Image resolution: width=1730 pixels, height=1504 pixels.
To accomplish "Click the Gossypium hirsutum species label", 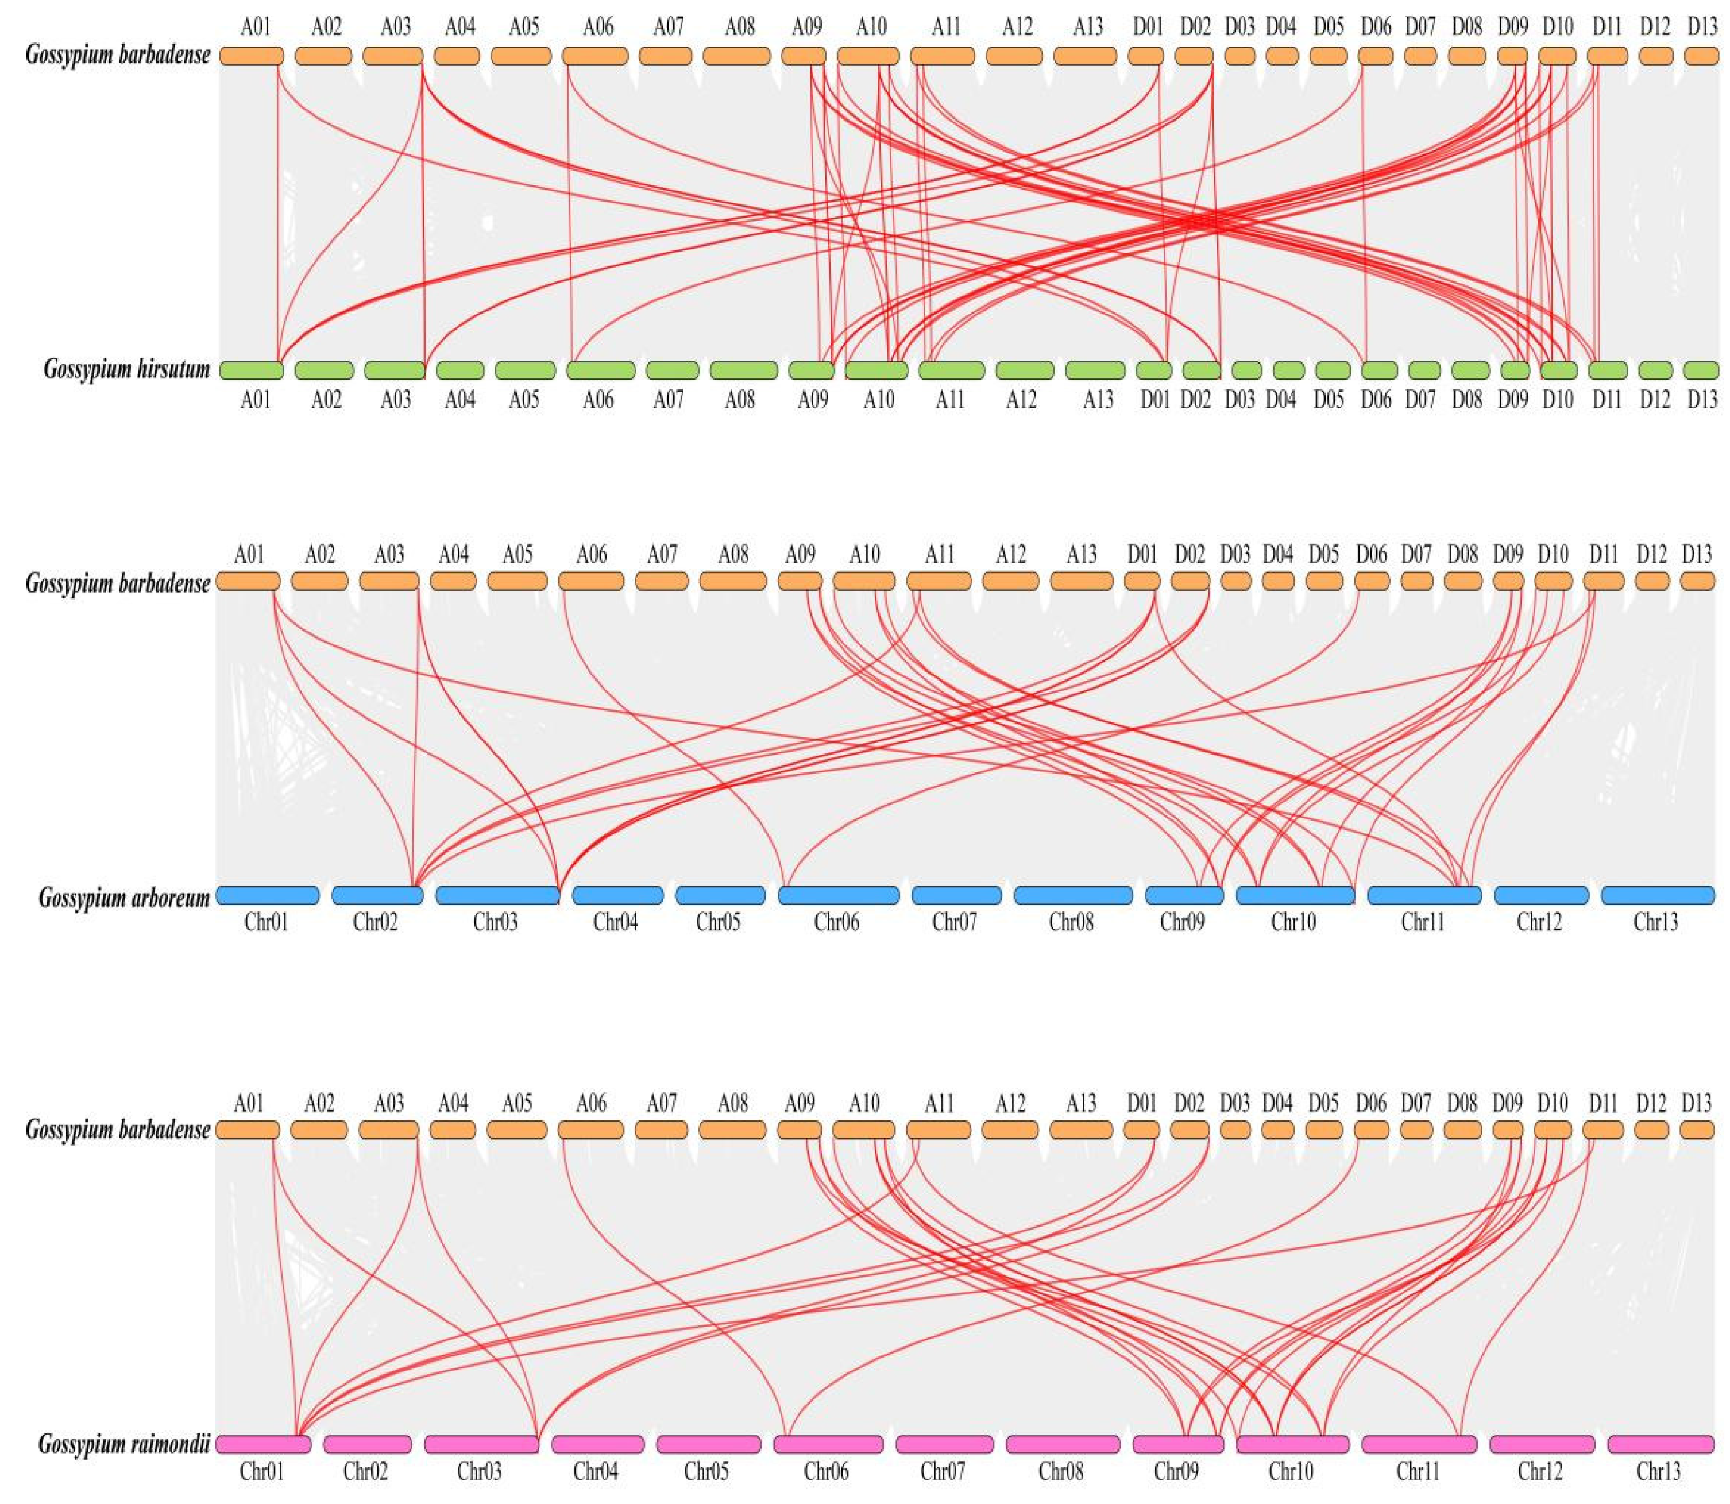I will tap(126, 369).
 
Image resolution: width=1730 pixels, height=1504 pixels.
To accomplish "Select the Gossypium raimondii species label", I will tap(123, 1444).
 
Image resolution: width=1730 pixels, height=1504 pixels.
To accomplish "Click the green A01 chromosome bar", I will tap(252, 370).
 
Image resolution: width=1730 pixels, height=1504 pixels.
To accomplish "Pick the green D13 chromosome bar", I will tap(1701, 370).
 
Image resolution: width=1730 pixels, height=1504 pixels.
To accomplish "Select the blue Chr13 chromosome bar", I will tap(1658, 895).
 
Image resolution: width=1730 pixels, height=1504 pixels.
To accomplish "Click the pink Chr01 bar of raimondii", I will tap(262, 1444).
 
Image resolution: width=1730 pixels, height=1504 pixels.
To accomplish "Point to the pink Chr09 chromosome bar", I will tap(1177, 1444).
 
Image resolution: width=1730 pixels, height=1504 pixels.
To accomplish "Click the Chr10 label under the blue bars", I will tap(1293, 922).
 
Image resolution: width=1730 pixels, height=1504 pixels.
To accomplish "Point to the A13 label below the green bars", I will tap(1097, 400).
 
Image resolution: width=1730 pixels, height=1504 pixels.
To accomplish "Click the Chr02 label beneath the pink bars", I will tap(366, 1471).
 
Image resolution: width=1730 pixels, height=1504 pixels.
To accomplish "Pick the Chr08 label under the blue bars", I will tap(1071, 922).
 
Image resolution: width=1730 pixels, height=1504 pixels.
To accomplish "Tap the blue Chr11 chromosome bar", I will tap(1424, 895).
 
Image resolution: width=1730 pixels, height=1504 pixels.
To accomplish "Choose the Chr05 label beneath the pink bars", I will tap(706, 1471).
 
